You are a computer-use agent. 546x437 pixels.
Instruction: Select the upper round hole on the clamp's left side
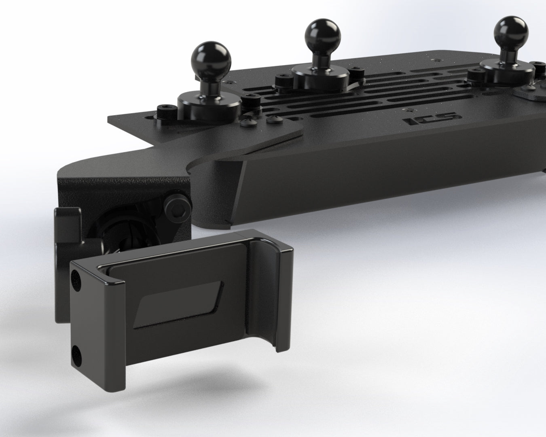(x=75, y=277)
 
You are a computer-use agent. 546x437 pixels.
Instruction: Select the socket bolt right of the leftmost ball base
(x=250, y=99)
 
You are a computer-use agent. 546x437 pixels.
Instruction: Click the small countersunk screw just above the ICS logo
(x=410, y=109)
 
